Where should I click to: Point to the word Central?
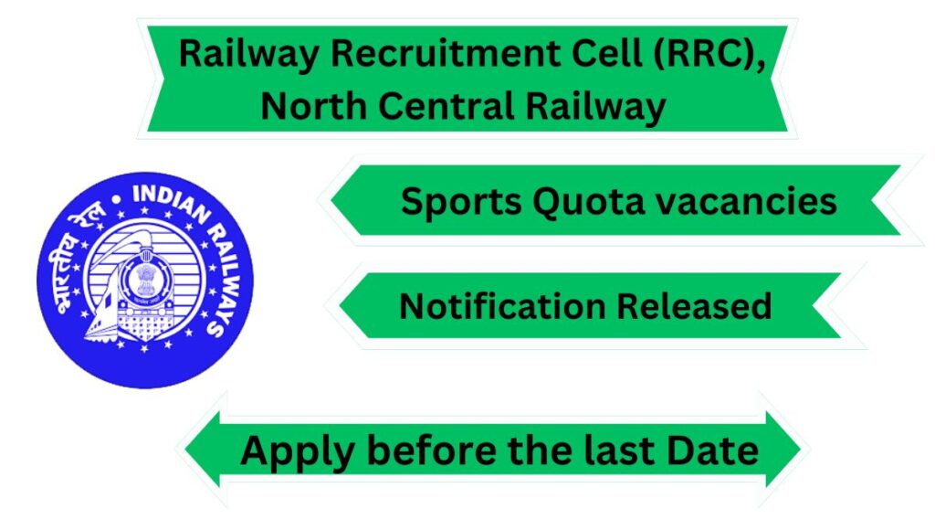point(446,106)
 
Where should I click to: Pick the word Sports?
point(461,202)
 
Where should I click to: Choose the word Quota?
point(589,202)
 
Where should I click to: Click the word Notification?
point(502,306)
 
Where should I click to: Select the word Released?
point(694,306)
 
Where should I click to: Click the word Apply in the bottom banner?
point(298,451)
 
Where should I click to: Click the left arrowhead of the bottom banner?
point(203,449)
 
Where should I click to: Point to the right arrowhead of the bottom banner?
point(783,449)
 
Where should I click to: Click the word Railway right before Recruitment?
point(249,55)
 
